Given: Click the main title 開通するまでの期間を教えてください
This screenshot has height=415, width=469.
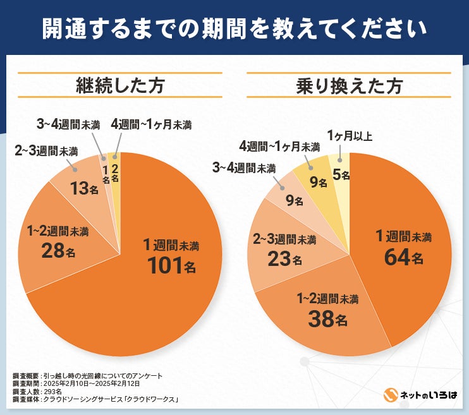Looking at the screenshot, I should (234, 28).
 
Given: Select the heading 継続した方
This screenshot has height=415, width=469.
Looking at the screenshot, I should (119, 85).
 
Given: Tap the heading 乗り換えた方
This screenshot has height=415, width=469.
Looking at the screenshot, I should (349, 85).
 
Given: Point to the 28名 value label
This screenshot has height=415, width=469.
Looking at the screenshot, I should (59, 251).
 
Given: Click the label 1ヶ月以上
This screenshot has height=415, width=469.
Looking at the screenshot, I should (350, 135).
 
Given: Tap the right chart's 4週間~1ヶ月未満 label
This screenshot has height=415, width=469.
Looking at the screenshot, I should (280, 147).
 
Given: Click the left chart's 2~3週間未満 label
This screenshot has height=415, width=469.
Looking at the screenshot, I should (46, 151).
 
